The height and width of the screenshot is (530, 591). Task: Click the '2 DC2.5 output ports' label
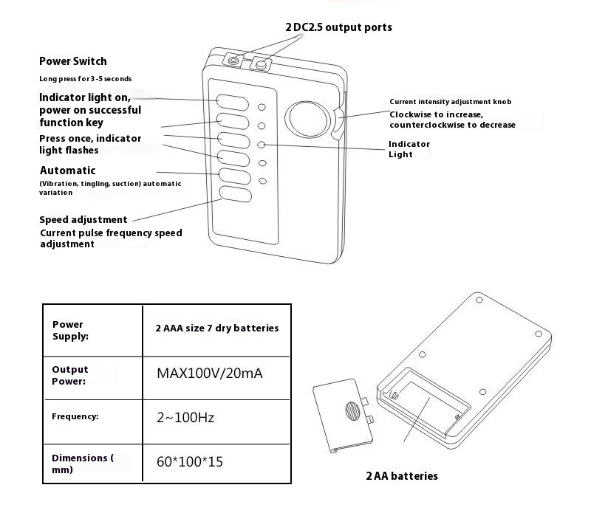[338, 27]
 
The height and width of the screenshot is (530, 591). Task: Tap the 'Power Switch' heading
[73, 61]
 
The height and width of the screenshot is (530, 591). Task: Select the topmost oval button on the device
[231, 102]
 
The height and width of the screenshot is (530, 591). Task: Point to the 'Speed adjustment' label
[83, 219]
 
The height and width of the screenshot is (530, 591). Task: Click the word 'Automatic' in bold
[67, 171]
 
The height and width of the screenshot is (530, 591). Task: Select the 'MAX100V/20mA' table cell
[209, 373]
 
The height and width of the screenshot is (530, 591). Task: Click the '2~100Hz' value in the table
[185, 418]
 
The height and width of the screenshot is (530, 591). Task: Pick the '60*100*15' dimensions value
[190, 462]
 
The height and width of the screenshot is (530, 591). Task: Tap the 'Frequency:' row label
[75, 416]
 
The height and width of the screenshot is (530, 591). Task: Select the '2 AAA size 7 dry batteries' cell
[216, 328]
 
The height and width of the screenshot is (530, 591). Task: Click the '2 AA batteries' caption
[402, 476]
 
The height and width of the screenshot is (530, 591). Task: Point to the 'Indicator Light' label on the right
[409, 148]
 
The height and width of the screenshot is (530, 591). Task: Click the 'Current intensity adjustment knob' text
[450, 101]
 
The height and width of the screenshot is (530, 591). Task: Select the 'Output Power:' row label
[70, 375]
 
